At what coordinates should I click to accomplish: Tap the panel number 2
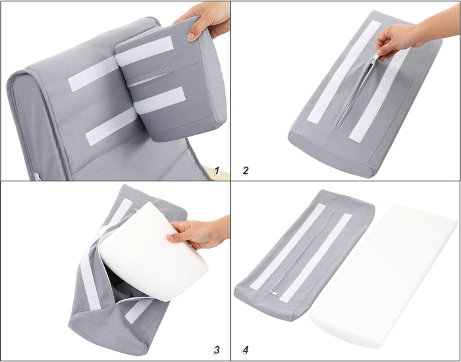pyautogui.click(x=245, y=171)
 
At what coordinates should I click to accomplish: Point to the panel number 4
pyautogui.click(x=245, y=349)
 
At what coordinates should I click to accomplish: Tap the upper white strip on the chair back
pyautogui.click(x=92, y=74)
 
